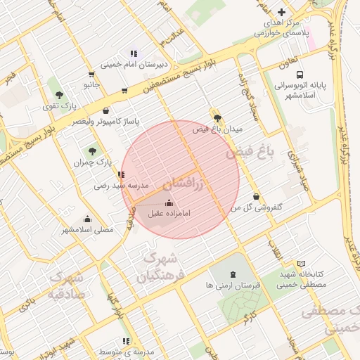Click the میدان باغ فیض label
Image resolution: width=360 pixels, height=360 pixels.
click(x=217, y=129)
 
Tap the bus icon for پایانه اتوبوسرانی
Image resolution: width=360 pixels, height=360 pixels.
click(x=300, y=75)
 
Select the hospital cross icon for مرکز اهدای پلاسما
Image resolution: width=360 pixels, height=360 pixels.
click(x=282, y=13)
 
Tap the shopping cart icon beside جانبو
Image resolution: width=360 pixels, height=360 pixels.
click(x=91, y=75)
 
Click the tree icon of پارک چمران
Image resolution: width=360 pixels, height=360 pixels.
click(x=92, y=151)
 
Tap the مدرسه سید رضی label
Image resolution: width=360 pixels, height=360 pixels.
click(x=122, y=186)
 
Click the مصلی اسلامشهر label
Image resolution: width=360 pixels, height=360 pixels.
click(x=87, y=230)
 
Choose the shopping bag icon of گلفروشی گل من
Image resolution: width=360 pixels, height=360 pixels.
click(x=255, y=196)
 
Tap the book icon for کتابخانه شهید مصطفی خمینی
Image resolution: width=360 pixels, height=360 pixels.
click(x=302, y=263)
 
